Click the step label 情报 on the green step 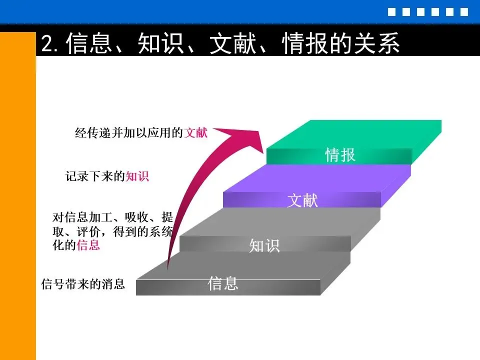tap(340, 155)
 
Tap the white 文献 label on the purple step tap(302, 200)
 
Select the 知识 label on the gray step tap(264, 245)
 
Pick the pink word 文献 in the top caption tap(196, 133)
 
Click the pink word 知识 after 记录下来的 tap(137, 176)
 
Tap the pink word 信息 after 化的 tap(88, 245)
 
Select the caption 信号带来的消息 tap(83, 284)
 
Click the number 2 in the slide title tap(47, 43)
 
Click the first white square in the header tap(391, 12)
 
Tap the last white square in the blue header tap(464, 12)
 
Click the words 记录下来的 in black tap(95, 176)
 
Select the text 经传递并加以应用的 tap(129, 133)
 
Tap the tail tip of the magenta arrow tap(167, 269)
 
